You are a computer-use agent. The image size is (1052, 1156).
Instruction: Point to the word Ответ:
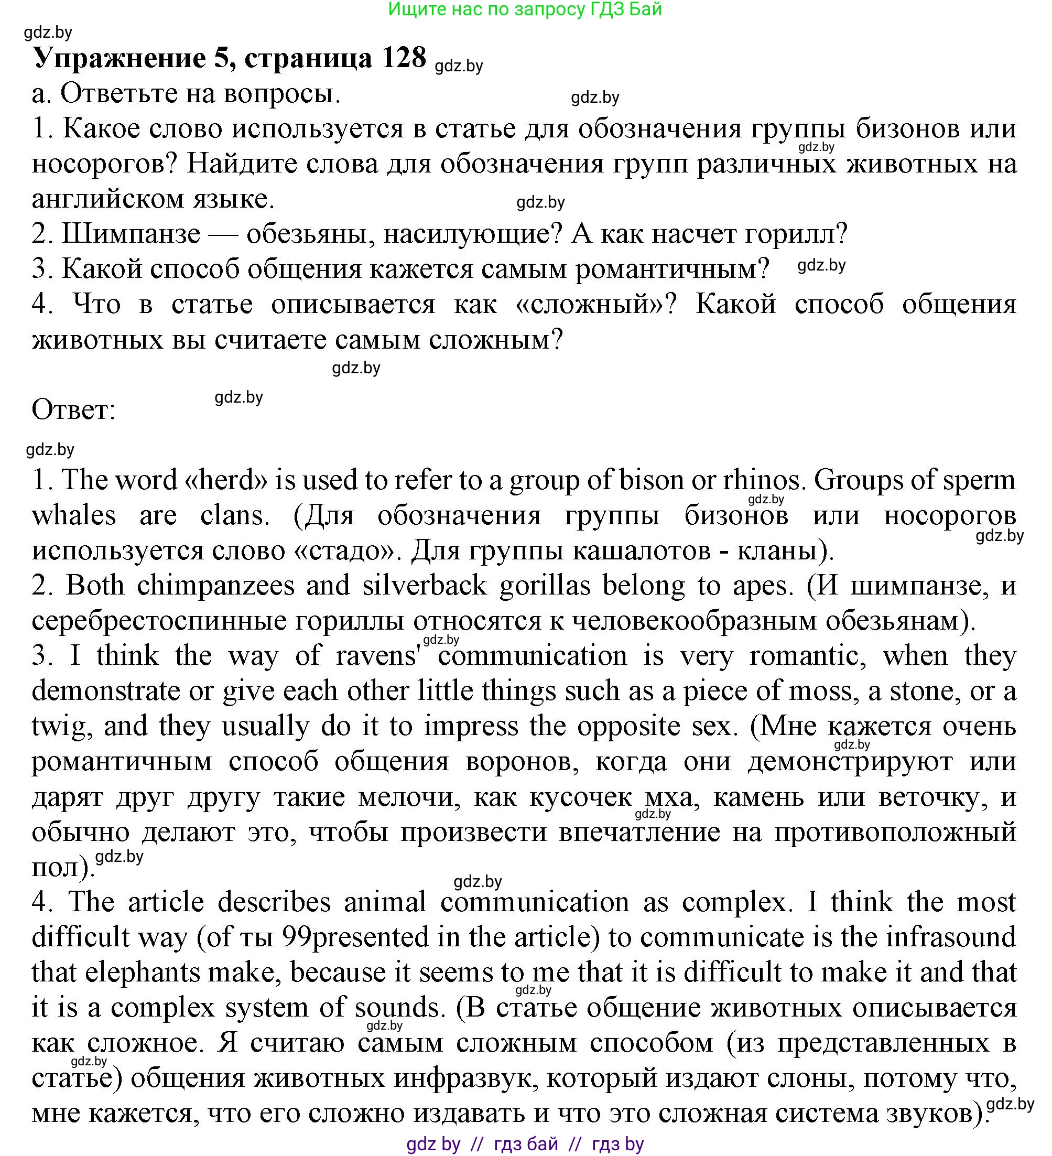click(73, 410)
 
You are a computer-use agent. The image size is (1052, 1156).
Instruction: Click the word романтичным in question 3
click(672, 269)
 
